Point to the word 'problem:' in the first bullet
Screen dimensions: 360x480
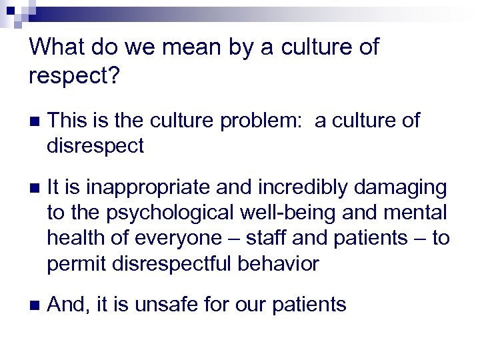(245, 121)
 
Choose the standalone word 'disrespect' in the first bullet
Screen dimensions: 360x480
(95, 146)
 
